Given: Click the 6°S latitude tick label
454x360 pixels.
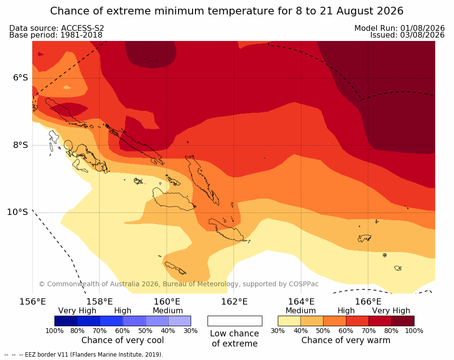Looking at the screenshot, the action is tap(20, 78).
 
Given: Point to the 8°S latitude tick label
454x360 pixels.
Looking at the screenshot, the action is tap(20, 145).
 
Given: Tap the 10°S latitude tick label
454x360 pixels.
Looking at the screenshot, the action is tap(18, 212).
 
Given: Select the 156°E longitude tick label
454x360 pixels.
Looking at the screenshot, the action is tap(32, 302).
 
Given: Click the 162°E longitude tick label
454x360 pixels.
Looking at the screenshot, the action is tap(234, 302).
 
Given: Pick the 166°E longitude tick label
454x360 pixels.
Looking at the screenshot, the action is tap(368, 302).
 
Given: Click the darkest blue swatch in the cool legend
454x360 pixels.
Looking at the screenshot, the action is tap(66, 321).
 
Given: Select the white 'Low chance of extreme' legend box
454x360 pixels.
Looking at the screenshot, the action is tap(235, 321).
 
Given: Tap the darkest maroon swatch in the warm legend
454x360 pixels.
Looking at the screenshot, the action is tap(403, 321).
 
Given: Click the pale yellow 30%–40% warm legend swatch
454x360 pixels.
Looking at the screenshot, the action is tap(289, 321).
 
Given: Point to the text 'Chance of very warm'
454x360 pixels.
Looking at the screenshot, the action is tap(346, 340).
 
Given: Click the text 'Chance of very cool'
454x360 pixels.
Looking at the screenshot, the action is tap(122, 340).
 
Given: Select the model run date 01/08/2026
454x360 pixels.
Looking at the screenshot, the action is tap(422, 28).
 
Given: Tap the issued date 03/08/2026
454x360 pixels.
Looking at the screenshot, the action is tap(422, 35).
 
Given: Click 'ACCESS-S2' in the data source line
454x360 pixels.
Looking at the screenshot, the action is tap(82, 28).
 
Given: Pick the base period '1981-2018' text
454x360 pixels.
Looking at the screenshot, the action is tap(81, 35).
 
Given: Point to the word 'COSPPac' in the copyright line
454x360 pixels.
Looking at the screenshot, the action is tap(303, 284).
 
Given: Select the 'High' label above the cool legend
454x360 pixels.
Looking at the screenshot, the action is tap(123, 311).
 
